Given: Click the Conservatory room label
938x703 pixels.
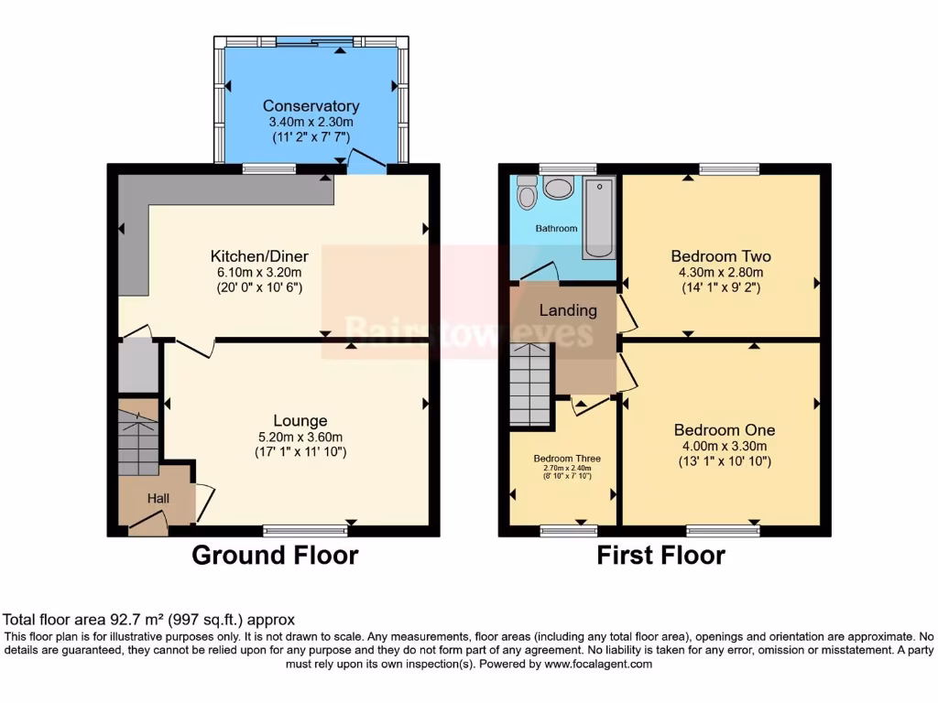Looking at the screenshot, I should (x=311, y=106).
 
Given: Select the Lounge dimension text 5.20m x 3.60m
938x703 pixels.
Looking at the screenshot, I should (x=300, y=437).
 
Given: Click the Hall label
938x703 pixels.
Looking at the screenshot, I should (x=158, y=498).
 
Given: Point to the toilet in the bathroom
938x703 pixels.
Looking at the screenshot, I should (x=526, y=193).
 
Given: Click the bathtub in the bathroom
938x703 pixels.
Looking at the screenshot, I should (x=599, y=218).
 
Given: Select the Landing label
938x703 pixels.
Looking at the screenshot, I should (x=567, y=310).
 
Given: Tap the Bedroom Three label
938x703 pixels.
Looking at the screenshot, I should (x=565, y=458).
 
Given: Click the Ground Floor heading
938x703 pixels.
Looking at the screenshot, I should (x=275, y=555).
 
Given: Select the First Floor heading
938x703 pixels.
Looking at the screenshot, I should (x=660, y=555).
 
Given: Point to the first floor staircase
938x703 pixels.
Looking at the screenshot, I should (x=530, y=384).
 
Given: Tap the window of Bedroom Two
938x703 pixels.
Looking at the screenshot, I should (x=729, y=168).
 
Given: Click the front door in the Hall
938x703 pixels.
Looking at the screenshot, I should (x=147, y=524).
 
